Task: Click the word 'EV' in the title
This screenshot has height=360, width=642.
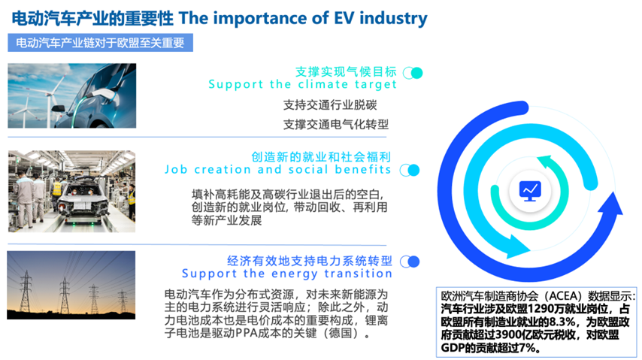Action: pos(344,18)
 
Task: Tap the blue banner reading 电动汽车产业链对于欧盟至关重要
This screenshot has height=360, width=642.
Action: pos(100,43)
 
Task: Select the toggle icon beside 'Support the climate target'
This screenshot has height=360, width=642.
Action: pos(413,73)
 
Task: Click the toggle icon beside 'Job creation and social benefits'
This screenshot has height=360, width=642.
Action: pos(410,170)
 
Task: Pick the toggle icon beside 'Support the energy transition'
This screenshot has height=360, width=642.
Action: pos(410,262)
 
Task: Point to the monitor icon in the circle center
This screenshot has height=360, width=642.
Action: pos(530,191)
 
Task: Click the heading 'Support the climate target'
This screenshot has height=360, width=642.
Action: pos(302,84)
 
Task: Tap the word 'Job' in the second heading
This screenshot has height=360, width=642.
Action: pos(176,170)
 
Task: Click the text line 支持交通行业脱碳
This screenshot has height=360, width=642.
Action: pos(330,105)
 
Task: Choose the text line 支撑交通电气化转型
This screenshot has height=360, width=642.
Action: pos(336,124)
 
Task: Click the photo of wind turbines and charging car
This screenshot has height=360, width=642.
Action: pos(72,96)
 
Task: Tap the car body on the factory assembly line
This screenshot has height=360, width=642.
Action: pos(83,203)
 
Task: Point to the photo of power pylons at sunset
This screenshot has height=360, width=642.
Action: pos(71,285)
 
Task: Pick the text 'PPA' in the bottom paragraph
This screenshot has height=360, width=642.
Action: pos(247,333)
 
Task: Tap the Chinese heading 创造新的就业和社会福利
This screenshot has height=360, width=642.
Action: pos(321,156)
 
